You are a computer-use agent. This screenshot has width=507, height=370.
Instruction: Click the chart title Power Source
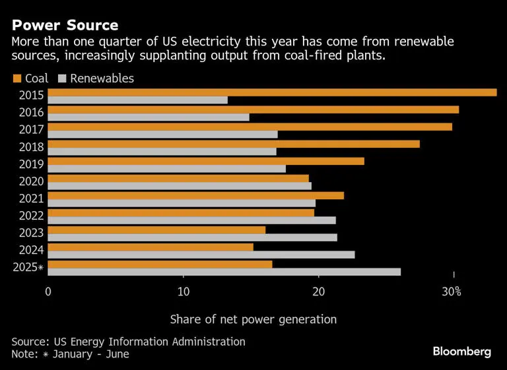point(65,26)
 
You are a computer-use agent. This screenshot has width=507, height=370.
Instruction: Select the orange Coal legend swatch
point(17,79)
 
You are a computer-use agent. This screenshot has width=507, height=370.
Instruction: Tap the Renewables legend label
point(102,78)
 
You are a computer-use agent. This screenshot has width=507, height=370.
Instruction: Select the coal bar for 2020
point(178,178)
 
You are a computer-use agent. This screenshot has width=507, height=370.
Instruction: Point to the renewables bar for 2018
point(162,152)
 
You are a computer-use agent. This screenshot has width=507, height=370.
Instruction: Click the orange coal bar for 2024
point(151,247)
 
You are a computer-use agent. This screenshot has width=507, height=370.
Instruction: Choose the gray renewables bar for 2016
point(149,117)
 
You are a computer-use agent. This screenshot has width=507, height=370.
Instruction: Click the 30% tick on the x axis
point(452,292)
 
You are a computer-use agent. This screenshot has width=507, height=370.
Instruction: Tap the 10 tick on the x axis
point(183,292)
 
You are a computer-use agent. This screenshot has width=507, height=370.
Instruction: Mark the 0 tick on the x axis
point(48,292)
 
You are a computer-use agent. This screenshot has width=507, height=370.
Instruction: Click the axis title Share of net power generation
point(253,319)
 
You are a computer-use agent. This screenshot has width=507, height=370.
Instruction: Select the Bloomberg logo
point(461,352)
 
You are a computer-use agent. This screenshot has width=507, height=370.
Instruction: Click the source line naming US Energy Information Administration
point(128,342)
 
